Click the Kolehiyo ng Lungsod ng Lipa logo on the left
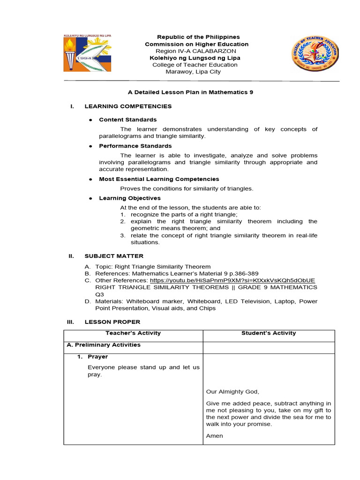click(88, 53)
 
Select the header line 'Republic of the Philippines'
click(198, 37)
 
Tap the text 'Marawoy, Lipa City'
click(193, 72)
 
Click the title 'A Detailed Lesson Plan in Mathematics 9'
click(190, 92)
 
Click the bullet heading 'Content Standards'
click(127, 120)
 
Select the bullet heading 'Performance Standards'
click(135, 146)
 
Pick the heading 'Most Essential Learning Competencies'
click(159, 179)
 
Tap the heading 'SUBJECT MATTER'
click(114, 256)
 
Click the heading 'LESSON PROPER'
click(112, 322)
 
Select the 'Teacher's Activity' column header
click(133, 333)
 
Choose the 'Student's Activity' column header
click(269, 333)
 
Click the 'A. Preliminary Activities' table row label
click(104, 345)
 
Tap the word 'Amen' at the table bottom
click(214, 436)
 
